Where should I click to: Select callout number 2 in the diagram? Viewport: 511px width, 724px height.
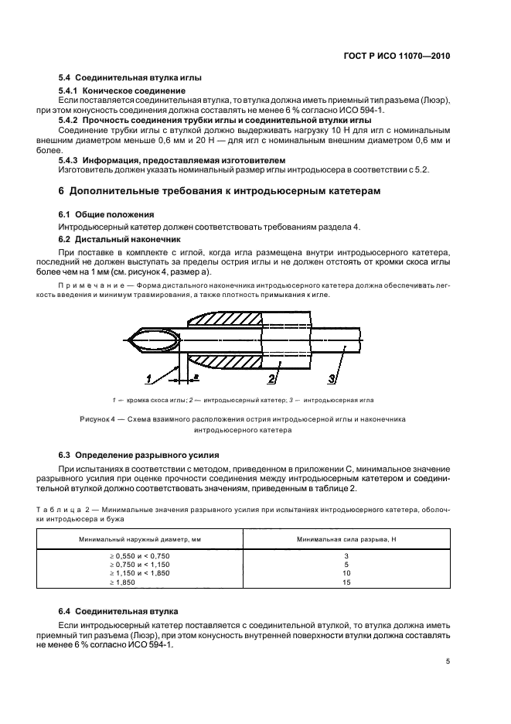(272, 377)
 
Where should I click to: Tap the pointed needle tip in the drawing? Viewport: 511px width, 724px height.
(128, 339)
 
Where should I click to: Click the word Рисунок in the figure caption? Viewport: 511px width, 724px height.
(95, 418)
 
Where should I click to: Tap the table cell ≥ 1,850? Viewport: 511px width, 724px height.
(122, 582)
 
